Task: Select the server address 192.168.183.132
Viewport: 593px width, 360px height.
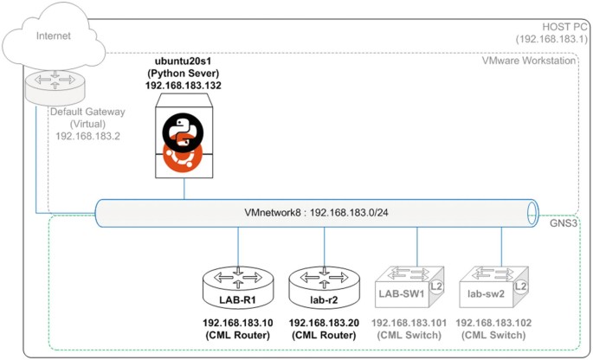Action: (183, 87)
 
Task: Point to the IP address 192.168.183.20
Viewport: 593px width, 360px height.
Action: (324, 323)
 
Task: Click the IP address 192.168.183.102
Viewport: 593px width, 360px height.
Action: (497, 323)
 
